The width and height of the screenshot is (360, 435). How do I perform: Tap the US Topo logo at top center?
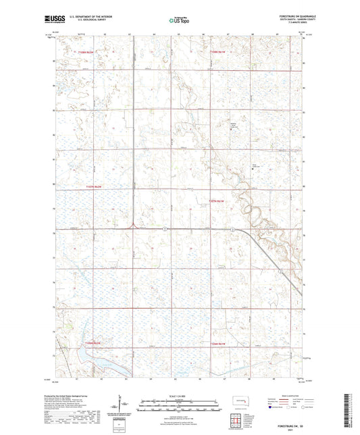click(x=179, y=21)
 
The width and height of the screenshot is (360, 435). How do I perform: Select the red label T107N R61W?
click(x=216, y=201)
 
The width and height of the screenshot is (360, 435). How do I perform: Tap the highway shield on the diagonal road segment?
click(x=232, y=230)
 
